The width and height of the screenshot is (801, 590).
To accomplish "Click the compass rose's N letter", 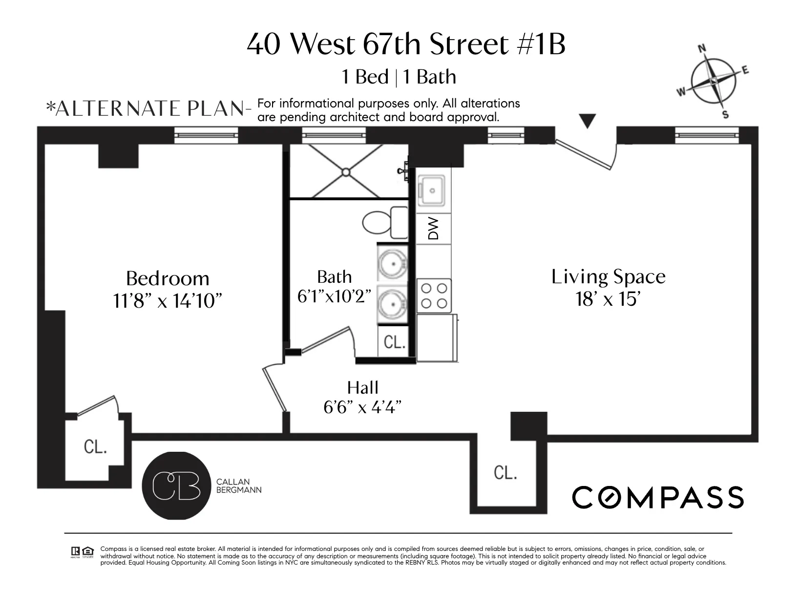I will point(703,49).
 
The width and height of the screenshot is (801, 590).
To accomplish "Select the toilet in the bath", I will point(385,222).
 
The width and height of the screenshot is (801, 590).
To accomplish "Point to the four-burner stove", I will point(434,295).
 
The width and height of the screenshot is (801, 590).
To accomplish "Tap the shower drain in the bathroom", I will point(346,172).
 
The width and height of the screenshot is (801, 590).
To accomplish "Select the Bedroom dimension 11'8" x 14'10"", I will point(168,301).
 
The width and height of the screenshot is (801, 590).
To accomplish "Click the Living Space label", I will point(608,277).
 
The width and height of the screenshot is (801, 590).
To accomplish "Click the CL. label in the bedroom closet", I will point(95,447).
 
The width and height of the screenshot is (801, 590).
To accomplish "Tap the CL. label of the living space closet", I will point(505,472).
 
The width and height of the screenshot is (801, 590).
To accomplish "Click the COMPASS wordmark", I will point(657,498).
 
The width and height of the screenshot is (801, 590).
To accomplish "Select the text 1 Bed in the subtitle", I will point(365,77).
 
